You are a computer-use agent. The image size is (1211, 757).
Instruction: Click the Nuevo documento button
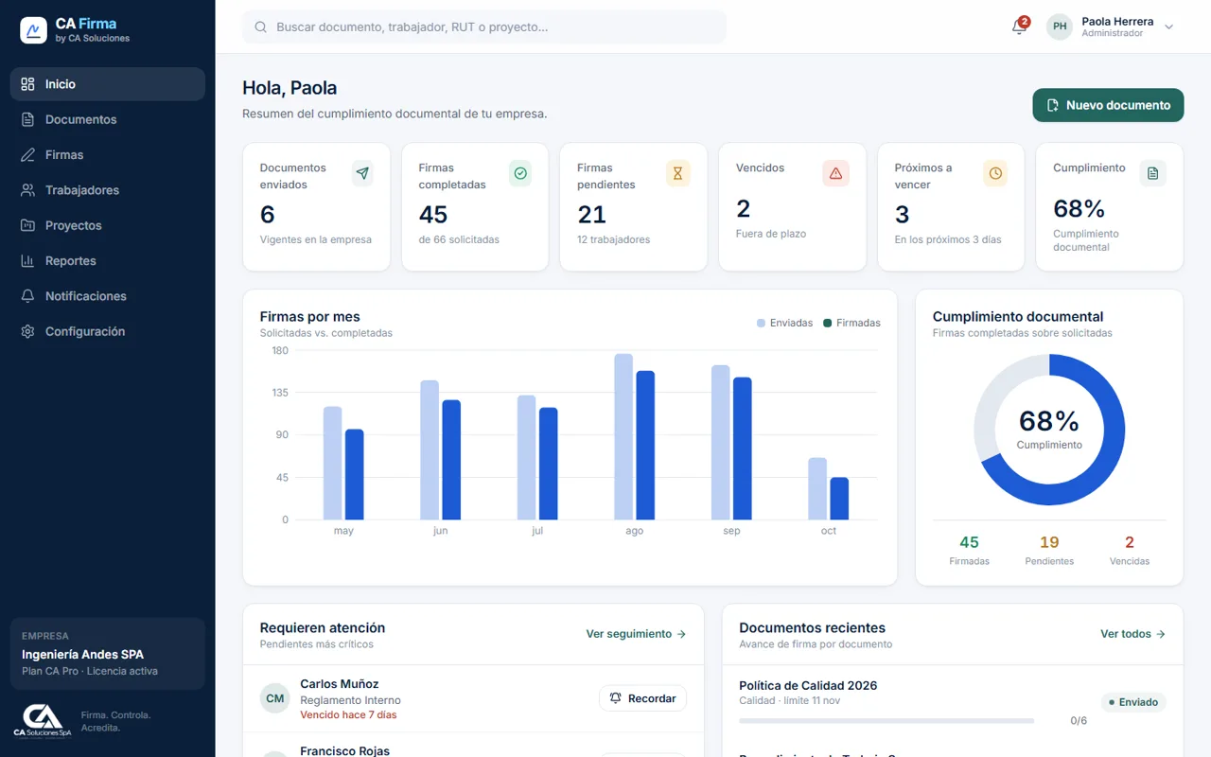point(1108,105)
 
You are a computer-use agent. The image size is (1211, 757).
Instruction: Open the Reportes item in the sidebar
point(70,260)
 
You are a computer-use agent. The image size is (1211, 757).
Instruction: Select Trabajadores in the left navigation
point(81,190)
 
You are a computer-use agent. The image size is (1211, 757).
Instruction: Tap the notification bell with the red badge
point(1020,26)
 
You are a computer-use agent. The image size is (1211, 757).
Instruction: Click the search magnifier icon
point(260,27)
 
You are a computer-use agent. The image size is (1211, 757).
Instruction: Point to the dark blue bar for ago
point(645,445)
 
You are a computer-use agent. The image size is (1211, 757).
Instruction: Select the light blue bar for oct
point(817,489)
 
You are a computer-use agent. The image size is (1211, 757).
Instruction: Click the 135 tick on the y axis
point(280,393)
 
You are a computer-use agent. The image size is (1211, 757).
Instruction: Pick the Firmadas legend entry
point(851,323)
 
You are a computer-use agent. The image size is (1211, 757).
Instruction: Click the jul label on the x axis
point(537,531)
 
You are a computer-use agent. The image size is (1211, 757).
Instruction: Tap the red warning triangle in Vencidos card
point(835,173)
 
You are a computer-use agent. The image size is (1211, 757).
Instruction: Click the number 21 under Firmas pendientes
point(591,215)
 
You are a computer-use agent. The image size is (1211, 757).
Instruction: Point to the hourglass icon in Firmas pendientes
point(677,173)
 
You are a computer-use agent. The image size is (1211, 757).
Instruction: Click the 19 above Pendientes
point(1049,542)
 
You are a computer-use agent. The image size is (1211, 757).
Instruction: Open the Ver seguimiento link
point(636,634)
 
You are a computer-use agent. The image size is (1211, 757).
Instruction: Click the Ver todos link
point(1132,634)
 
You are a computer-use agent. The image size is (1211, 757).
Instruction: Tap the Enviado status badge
point(1133,702)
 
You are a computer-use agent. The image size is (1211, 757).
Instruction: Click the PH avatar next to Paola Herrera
point(1060,26)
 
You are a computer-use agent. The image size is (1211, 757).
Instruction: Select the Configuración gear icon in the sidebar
point(27,331)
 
